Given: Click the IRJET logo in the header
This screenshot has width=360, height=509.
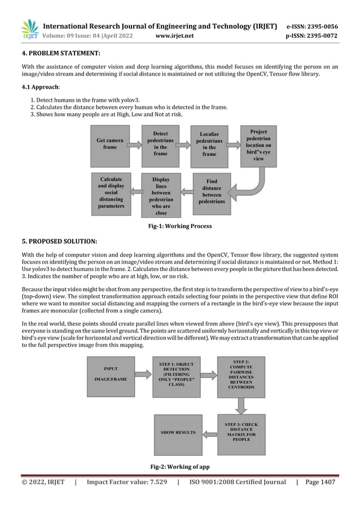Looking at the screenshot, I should pos(29,29).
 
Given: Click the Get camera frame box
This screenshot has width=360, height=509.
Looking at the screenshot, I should pos(110,143).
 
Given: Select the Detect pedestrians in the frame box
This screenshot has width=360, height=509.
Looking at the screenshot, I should pos(160,144).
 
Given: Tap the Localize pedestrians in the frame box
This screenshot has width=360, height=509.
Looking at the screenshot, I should pos(209,145).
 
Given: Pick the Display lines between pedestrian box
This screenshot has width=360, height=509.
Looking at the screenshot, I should pos(161,195).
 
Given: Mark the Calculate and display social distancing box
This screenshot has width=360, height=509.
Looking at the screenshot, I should pos(111,191).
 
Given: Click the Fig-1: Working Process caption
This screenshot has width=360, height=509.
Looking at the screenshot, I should pos(179,226).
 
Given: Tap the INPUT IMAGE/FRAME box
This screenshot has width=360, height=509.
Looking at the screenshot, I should pos(111,376).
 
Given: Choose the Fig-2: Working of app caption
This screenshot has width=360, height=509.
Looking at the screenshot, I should pos(179,467).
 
